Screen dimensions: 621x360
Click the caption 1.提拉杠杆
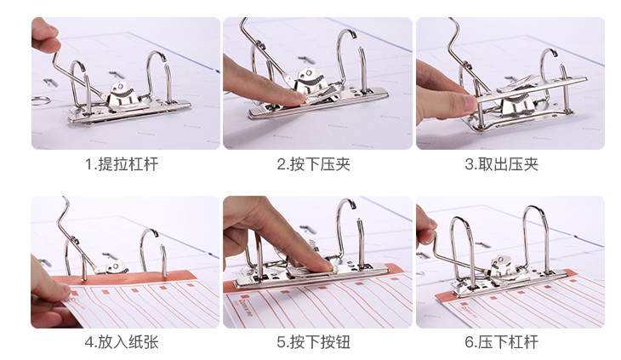click(122, 164)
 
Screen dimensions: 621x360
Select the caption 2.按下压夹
click(313, 164)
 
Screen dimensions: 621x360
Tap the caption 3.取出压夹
click(501, 164)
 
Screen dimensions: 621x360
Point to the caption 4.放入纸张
click(122, 342)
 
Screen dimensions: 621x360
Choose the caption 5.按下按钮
click(313, 342)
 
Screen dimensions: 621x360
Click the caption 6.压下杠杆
click(501, 342)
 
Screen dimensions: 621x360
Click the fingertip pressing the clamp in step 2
click(296, 99)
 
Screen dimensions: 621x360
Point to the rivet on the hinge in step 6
click(500, 260)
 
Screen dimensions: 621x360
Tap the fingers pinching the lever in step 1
click(44, 36)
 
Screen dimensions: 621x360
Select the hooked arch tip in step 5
click(350, 203)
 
